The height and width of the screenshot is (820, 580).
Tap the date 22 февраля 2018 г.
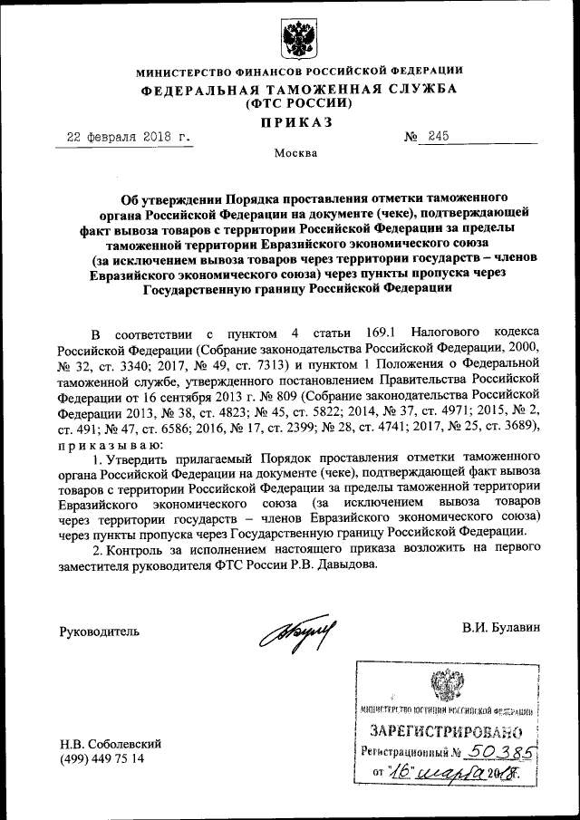coord(130,137)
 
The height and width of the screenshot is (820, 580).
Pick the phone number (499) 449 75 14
coord(101,758)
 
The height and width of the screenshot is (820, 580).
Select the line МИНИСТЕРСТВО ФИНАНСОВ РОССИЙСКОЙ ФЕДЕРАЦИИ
coord(298,71)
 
